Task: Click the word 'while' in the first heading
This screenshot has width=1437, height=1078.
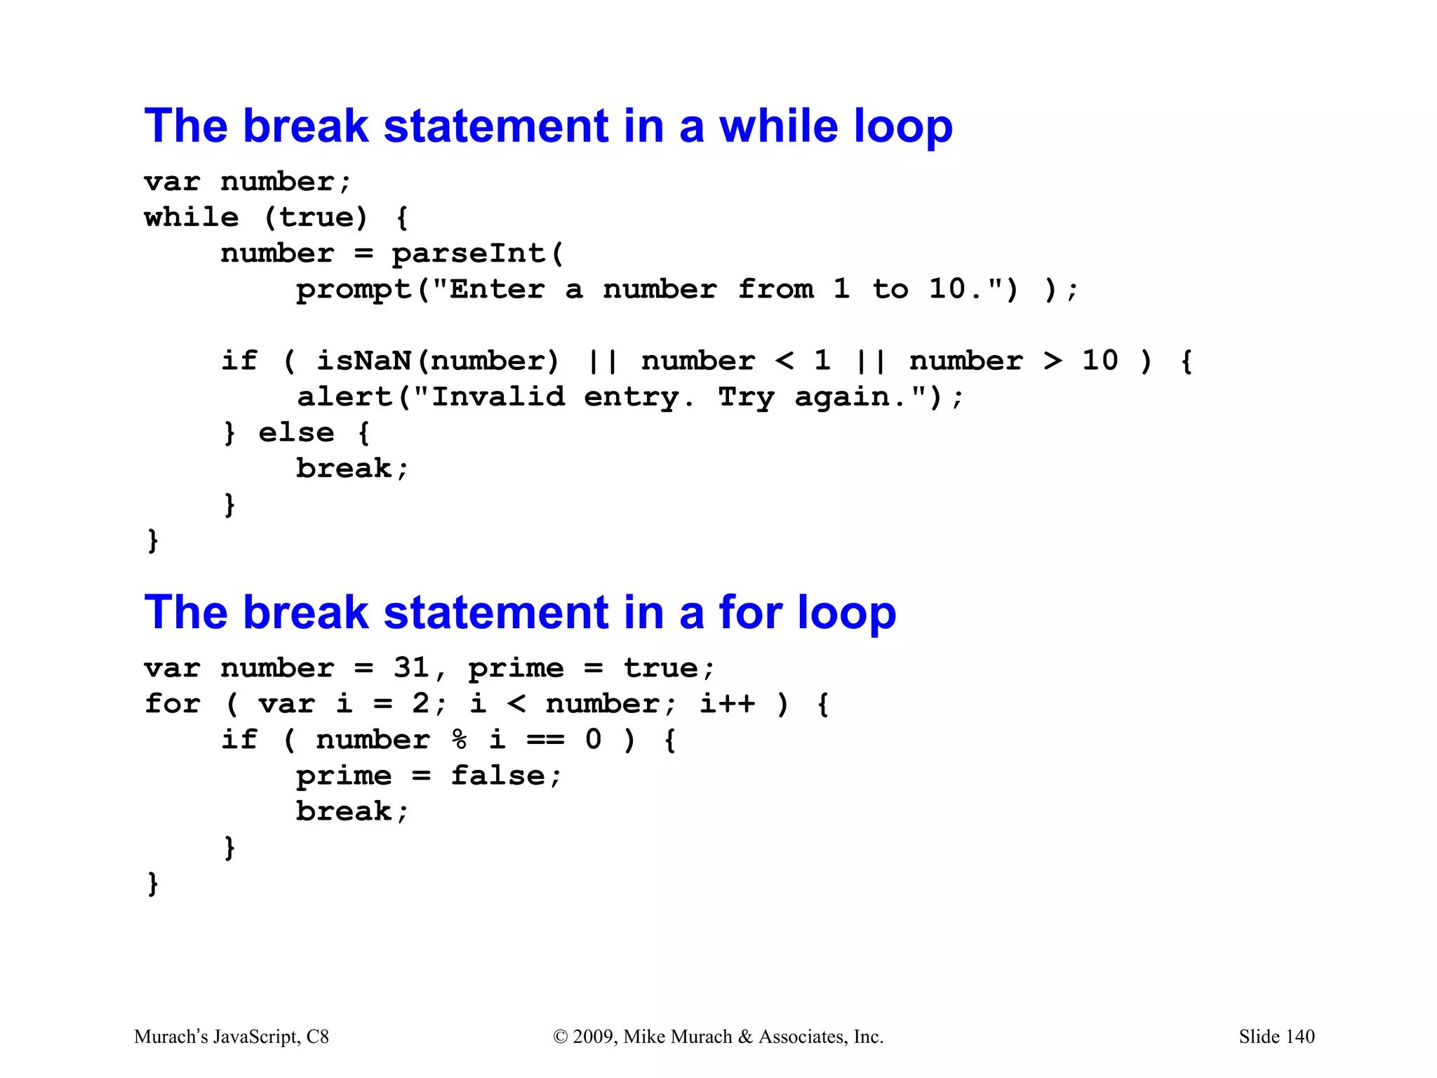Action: pos(778,126)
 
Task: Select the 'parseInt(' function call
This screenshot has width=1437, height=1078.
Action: pos(477,253)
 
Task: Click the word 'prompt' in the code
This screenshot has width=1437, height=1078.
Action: pos(354,290)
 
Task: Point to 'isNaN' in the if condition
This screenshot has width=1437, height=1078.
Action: pos(363,361)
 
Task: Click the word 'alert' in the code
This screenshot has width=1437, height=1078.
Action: pos(345,397)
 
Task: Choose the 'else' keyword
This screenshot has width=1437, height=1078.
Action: pos(296,433)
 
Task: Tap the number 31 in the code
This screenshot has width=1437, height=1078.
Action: pos(411,667)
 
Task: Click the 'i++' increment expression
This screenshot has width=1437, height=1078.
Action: pos(728,703)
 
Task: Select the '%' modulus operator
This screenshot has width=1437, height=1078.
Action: pos(460,740)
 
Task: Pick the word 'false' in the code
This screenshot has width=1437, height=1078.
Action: pos(497,776)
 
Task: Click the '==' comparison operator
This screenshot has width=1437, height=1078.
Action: pos(545,740)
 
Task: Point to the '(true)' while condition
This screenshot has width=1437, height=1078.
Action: pos(316,218)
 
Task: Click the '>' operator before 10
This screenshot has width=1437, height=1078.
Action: pos(1052,361)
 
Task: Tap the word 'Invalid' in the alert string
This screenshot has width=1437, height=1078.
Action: pos(497,397)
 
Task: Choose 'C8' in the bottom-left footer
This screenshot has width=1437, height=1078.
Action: pos(317,1037)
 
